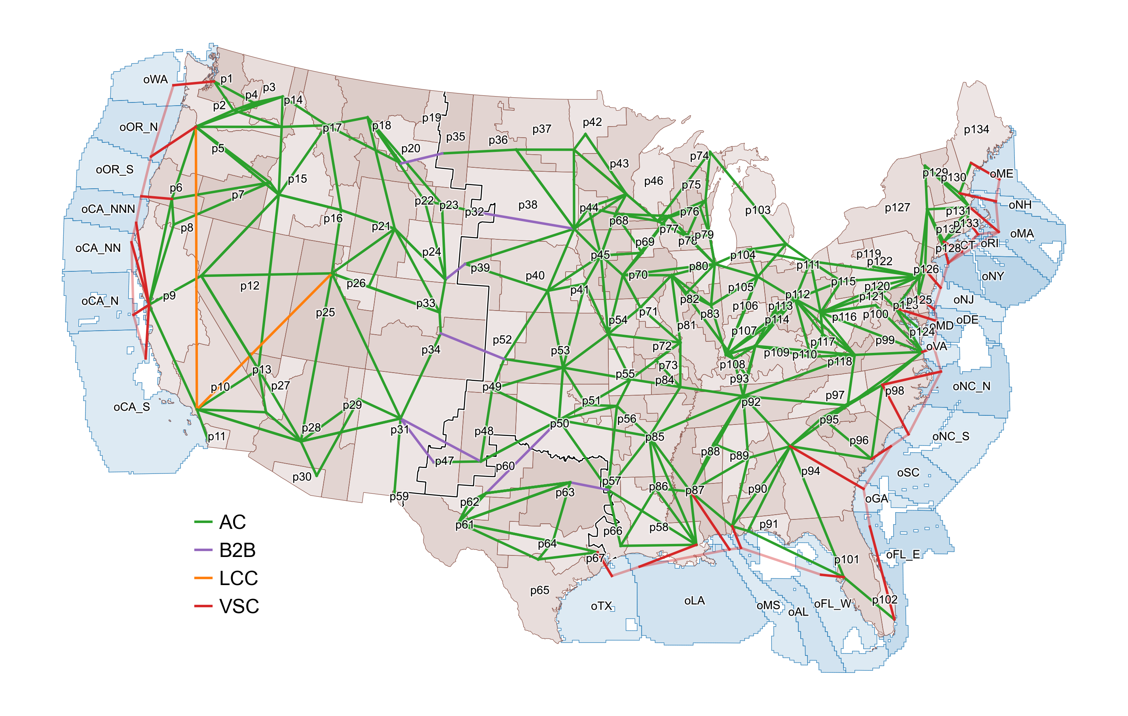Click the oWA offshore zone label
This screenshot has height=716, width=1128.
pyautogui.click(x=155, y=80)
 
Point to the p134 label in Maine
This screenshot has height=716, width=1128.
pyautogui.click(x=976, y=129)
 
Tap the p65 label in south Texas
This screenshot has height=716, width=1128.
pyautogui.click(x=539, y=590)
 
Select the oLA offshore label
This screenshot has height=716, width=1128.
pyautogui.click(x=694, y=600)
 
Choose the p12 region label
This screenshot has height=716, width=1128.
pyautogui.click(x=250, y=286)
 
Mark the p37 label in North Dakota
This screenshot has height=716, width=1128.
pyautogui.click(x=541, y=129)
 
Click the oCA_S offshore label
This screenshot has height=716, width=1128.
pyautogui.click(x=132, y=407)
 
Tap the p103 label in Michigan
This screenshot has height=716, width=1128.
pyautogui.click(x=758, y=210)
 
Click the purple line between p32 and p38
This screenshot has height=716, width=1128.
pyautogui.click(x=529, y=221)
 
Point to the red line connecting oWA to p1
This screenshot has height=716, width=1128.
pyautogui.click(x=193, y=83)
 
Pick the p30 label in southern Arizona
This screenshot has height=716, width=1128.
pyautogui.click(x=302, y=477)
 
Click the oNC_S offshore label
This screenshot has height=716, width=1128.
pyautogui.click(x=950, y=436)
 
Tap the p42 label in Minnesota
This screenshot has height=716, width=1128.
pyautogui.click(x=592, y=122)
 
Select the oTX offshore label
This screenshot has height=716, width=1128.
pyautogui.click(x=602, y=606)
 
